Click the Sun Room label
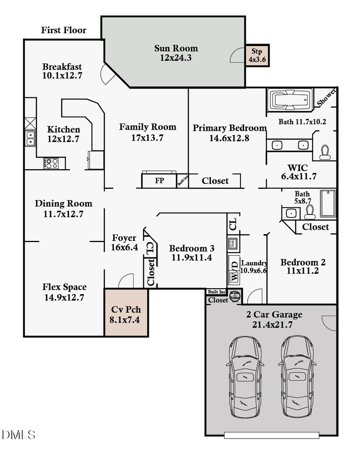(x=176, y=48)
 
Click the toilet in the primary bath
(x=325, y=152)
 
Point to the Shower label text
(x=326, y=98)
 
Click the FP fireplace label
(x=159, y=181)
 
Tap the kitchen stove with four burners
(x=51, y=163)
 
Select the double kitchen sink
(x=30, y=138)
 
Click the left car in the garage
(x=245, y=377)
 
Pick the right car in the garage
(x=296, y=377)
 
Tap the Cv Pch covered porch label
(x=126, y=310)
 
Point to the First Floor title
(x=64, y=30)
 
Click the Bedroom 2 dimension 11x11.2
(x=303, y=271)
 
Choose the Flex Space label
(x=64, y=287)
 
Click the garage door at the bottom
(x=271, y=435)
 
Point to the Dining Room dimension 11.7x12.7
(x=63, y=214)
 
